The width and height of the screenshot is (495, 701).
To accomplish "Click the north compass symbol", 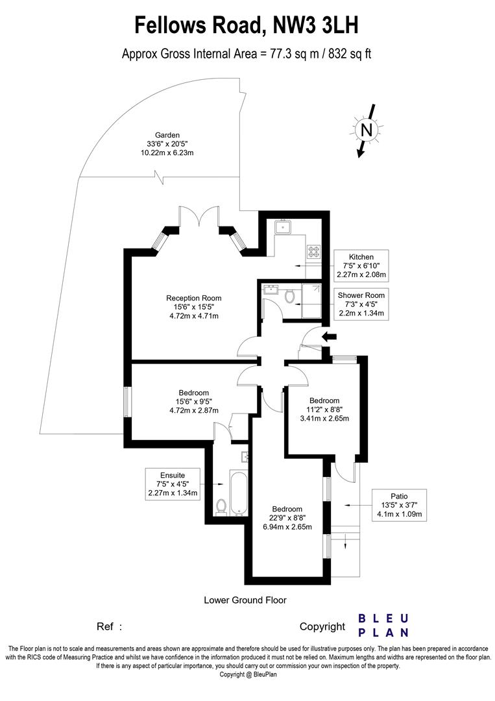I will [367, 130].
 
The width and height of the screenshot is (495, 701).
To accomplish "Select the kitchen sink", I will [284, 227].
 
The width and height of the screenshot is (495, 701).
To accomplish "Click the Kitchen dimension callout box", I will [361, 265].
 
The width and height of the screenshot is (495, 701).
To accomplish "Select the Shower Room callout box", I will [361, 304].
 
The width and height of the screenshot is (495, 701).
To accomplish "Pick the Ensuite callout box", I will [173, 484].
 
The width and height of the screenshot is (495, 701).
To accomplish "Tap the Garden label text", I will [167, 143].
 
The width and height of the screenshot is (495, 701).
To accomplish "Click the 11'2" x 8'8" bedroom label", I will [324, 410].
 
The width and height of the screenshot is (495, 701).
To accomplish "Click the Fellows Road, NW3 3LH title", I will [247, 25].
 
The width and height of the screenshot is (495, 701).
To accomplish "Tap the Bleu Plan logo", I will [383, 625].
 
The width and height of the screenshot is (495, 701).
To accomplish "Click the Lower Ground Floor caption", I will [245, 600].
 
